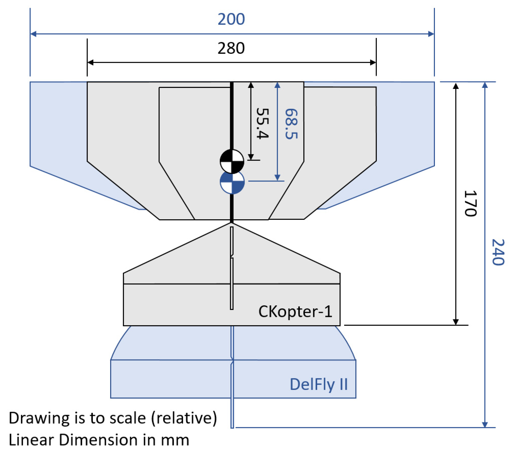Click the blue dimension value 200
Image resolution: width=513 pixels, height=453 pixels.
pyautogui.click(x=231, y=19)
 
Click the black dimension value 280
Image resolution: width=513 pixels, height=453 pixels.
pyautogui.click(x=231, y=48)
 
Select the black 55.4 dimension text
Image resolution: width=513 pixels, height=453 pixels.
pyautogui.click(x=262, y=124)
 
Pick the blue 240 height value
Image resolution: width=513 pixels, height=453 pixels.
pyautogui.click(x=498, y=252)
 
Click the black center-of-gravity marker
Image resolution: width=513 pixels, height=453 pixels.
pyautogui.click(x=232, y=161)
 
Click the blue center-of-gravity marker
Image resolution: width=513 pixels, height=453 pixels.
pyautogui.click(x=232, y=183)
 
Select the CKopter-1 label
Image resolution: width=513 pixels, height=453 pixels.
pyautogui.click(x=295, y=312)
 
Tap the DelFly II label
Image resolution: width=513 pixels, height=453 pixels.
pyautogui.click(x=319, y=384)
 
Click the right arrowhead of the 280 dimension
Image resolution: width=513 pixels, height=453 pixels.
pyautogui.click(x=373, y=62)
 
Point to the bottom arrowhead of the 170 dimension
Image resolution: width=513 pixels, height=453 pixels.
pyautogui.click(x=456, y=322)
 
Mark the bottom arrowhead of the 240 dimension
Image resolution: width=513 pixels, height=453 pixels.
pyautogui.click(x=485, y=424)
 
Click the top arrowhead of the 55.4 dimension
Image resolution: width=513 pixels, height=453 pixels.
pyautogui.click(x=251, y=85)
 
